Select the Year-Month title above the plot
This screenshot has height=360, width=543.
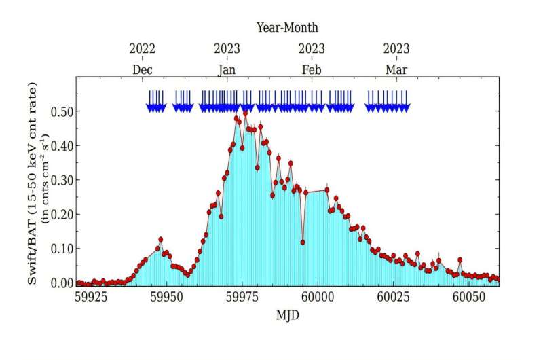click(x=287, y=28)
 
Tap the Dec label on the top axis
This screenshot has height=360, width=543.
click(x=143, y=69)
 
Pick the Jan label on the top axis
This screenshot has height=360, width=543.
click(x=227, y=69)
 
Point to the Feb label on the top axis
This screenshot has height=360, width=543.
click(x=312, y=69)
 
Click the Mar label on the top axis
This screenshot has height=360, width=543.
click(x=396, y=69)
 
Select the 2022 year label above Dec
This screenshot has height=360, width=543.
click(x=143, y=49)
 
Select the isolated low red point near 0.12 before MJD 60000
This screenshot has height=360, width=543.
click(x=303, y=242)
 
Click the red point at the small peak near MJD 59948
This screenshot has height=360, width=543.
click(x=161, y=239)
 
